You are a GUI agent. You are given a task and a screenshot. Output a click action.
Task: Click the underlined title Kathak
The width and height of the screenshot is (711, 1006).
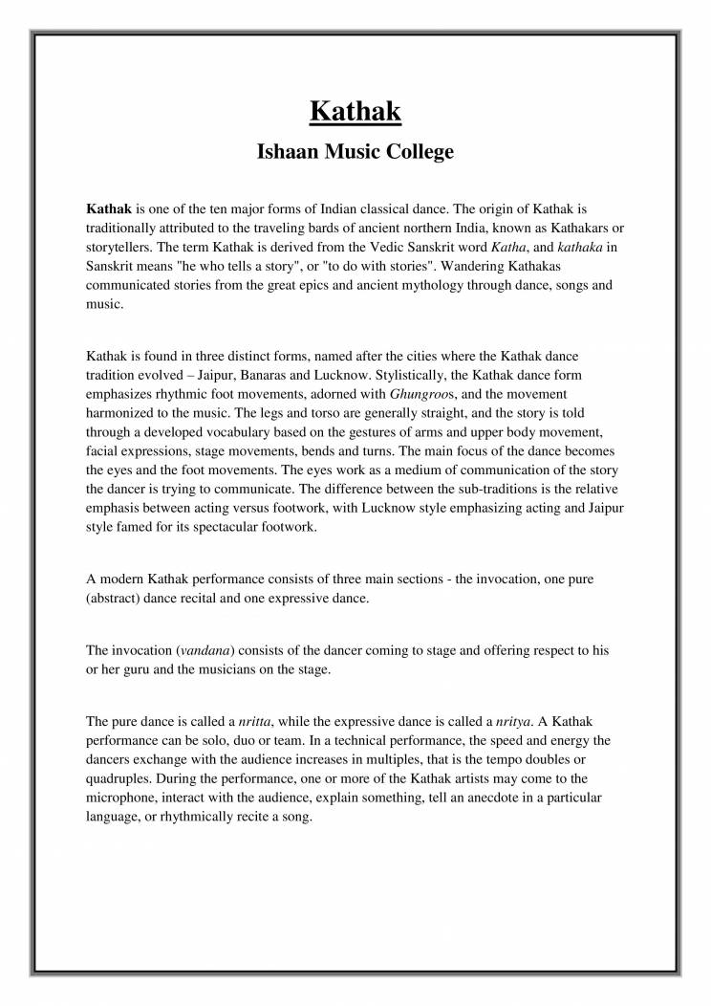coord(355,111)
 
